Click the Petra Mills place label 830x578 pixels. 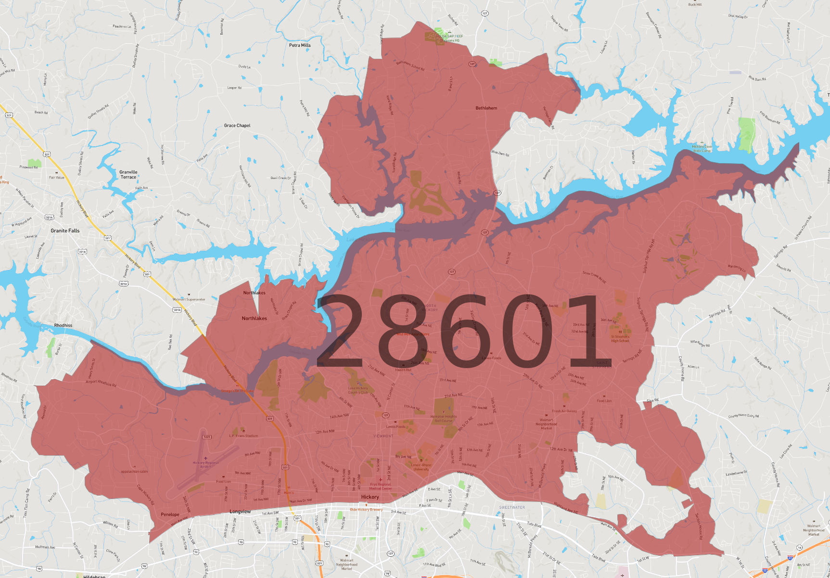(x=300, y=45)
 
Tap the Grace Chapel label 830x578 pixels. (x=237, y=126)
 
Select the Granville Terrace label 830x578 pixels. (x=128, y=174)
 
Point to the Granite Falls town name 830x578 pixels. (x=65, y=231)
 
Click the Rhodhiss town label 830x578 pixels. (x=63, y=325)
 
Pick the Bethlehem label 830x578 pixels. (x=486, y=108)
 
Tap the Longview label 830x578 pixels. (x=240, y=512)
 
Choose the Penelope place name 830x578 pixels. (x=170, y=514)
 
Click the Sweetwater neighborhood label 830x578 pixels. (x=512, y=507)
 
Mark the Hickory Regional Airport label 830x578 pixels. (x=205, y=464)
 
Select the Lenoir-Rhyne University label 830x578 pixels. (x=421, y=467)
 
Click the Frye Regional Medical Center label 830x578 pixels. (x=381, y=486)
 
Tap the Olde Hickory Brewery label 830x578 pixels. (x=366, y=509)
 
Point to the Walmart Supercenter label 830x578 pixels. (x=189, y=299)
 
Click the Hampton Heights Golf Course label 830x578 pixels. (x=444, y=419)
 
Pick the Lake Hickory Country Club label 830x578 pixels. (x=358, y=390)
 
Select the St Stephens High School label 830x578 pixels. (x=620, y=339)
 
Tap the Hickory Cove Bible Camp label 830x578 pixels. (x=702, y=148)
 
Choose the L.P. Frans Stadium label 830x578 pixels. (x=243, y=436)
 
